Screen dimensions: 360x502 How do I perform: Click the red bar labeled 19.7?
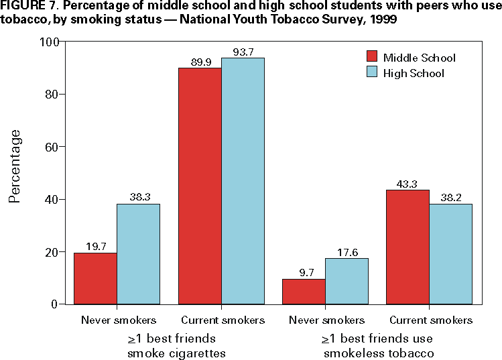coord(95,278)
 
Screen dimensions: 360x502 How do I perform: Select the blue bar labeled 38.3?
coord(138,254)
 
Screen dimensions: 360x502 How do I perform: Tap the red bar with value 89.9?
coord(200,186)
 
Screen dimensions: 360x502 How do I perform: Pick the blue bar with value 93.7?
coord(243,181)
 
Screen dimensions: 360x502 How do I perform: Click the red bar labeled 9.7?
coord(304,292)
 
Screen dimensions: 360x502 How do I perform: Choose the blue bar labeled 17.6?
coord(347,281)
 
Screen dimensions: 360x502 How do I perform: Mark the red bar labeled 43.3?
coord(408,247)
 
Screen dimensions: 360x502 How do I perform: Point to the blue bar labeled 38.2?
coord(450,253)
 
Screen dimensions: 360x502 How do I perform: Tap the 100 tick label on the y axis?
coord(50,42)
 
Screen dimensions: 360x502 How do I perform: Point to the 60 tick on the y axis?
coord(53,147)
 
